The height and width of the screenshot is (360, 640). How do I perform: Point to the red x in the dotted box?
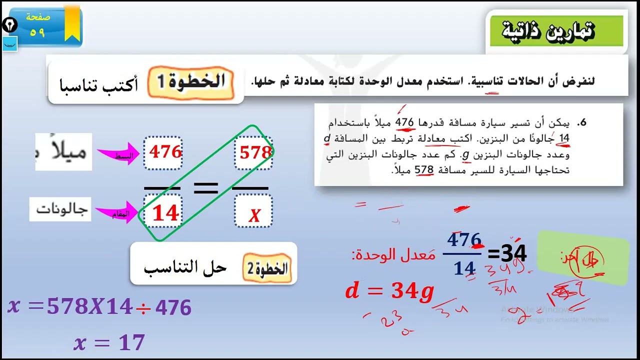254,215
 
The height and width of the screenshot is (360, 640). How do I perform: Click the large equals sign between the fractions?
205,188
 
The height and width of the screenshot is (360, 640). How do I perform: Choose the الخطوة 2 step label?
268,269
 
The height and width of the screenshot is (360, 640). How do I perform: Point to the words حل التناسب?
185,267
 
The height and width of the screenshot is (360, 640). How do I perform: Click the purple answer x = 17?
109,343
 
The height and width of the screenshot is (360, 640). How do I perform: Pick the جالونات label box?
60,209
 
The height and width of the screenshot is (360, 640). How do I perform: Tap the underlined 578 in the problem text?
423,170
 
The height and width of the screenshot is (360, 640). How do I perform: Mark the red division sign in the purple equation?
143,308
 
